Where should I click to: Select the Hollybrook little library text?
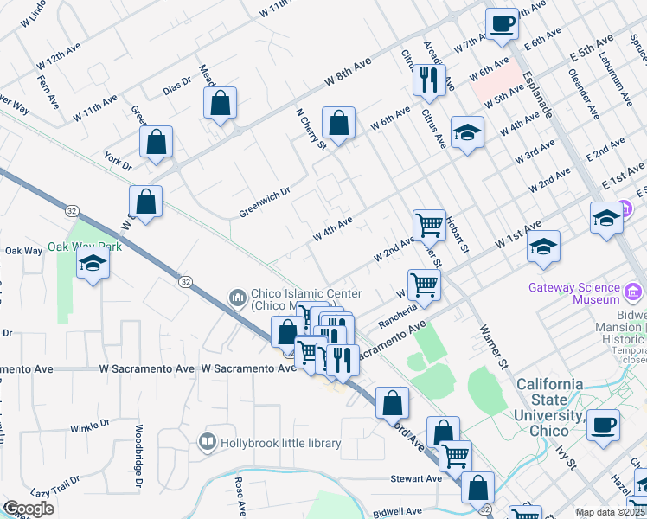point(280,443)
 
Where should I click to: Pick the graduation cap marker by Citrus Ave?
point(467,132)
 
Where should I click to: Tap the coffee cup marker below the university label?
point(603,425)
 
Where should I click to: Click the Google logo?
point(29,509)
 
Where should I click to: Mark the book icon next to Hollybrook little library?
point(207,443)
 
